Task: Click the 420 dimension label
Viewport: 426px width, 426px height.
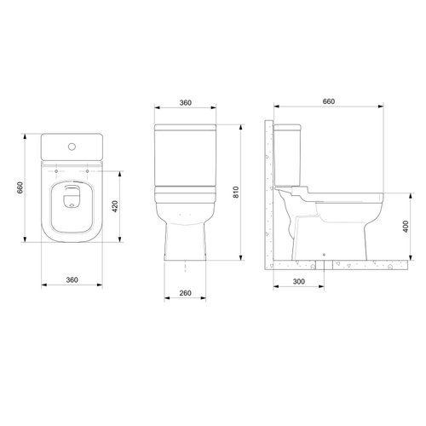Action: (x=115, y=206)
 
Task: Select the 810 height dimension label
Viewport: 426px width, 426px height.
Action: (x=236, y=193)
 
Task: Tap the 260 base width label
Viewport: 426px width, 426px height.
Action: (x=185, y=293)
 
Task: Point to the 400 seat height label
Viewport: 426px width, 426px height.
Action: (x=406, y=227)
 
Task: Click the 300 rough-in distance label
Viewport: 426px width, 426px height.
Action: (x=299, y=281)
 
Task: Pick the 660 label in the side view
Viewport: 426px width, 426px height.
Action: (x=329, y=101)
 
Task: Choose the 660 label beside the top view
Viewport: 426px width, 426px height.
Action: (x=20, y=187)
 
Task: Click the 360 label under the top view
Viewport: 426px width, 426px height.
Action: (x=72, y=279)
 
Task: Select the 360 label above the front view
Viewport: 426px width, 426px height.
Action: (x=186, y=102)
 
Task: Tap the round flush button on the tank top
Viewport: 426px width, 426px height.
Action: (x=72, y=147)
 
